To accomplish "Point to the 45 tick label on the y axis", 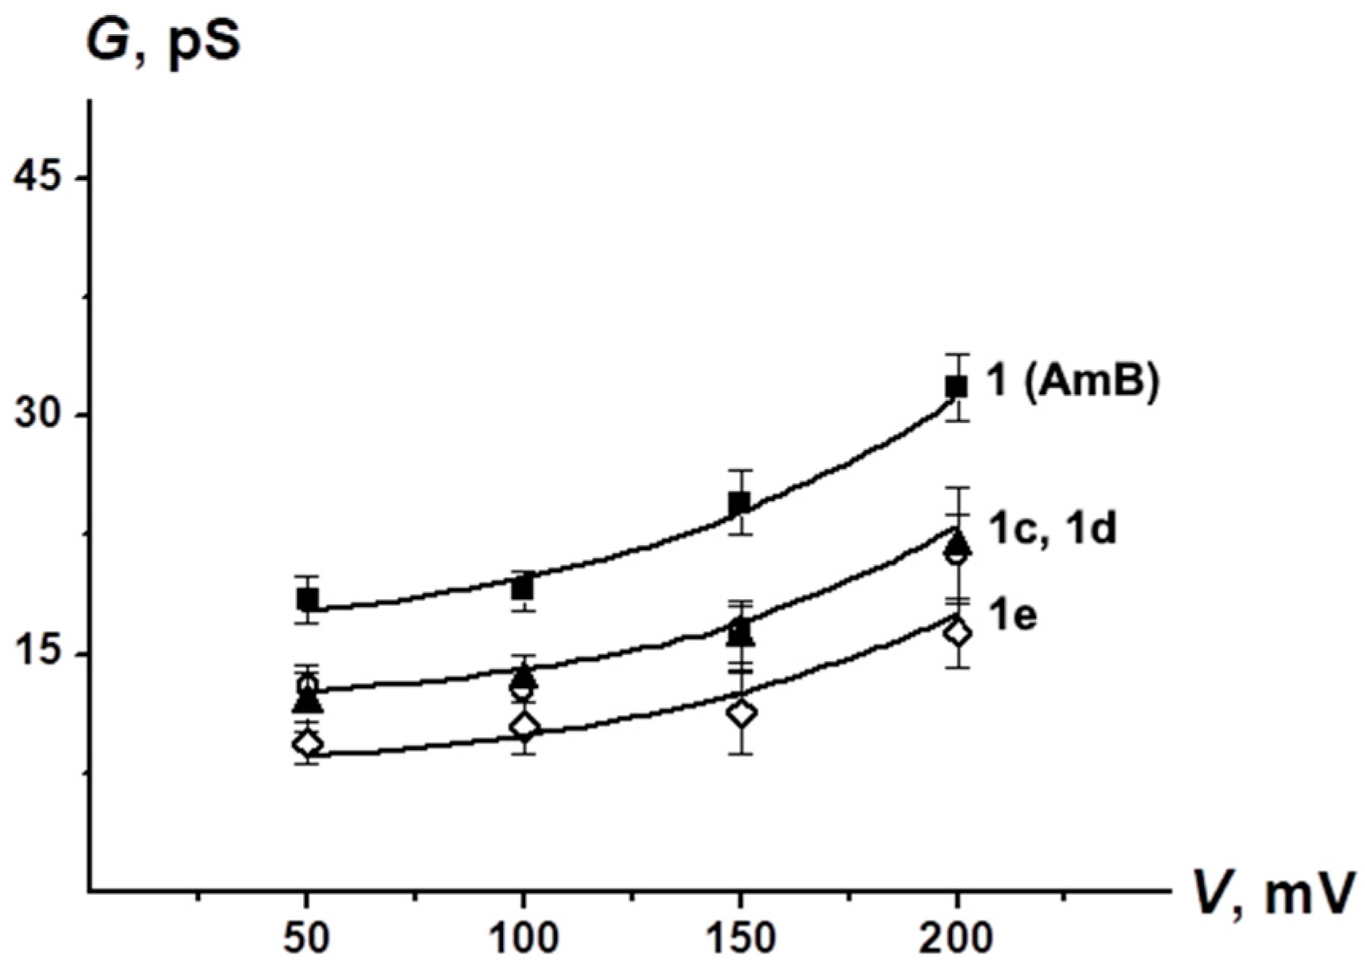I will [40, 176].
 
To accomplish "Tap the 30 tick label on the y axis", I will [40, 415].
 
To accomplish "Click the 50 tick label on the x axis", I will [306, 939].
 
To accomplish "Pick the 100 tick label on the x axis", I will [523, 939].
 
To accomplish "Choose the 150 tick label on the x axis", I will [740, 939].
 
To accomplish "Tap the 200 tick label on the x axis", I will [957, 939].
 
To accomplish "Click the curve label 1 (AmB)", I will [1072, 381].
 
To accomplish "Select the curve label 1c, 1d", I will [1052, 528].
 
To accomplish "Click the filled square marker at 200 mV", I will [957, 387].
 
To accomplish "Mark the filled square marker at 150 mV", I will [740, 502].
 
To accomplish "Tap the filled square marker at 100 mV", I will [523, 588].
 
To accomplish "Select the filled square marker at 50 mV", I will [307, 599].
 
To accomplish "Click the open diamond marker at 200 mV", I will [957, 632].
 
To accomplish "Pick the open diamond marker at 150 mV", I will [741, 713].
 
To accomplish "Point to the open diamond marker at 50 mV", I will [307, 743].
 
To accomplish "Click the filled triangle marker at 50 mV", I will [307, 701].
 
